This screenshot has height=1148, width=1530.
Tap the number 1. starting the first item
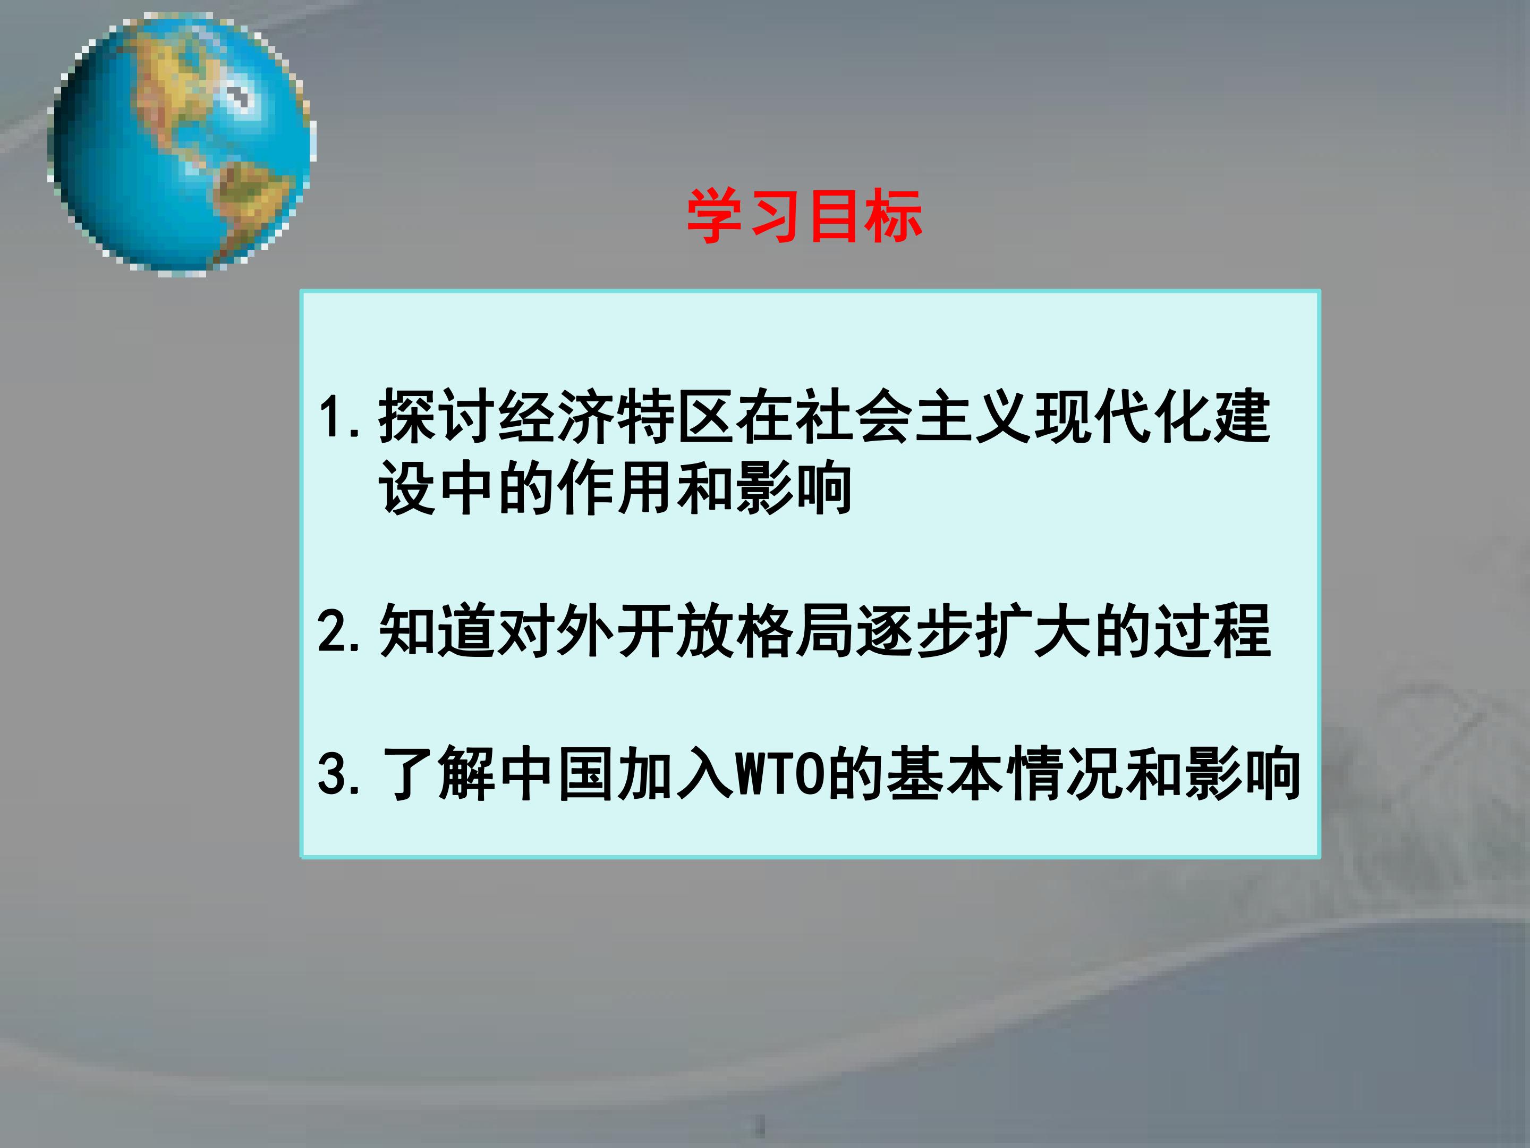[339, 417]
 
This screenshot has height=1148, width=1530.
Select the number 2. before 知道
[339, 631]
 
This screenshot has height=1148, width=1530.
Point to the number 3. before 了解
[339, 774]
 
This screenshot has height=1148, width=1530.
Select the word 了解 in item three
[438, 774]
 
